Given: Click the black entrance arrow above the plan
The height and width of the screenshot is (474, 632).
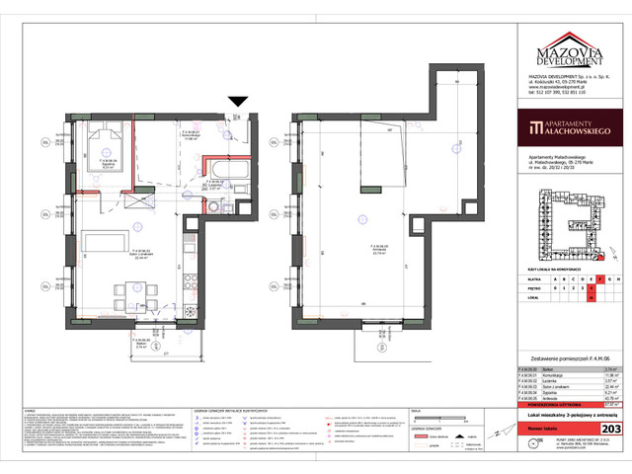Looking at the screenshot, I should click(237, 102).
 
